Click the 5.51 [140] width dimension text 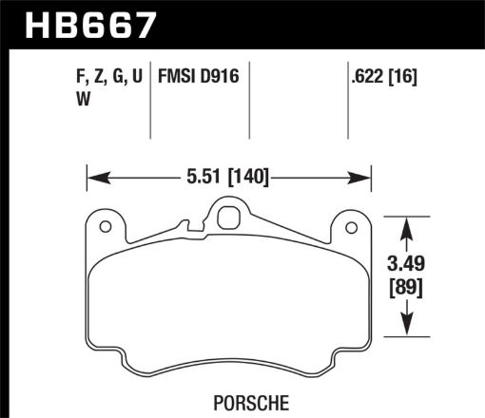227,176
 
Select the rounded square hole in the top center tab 228,217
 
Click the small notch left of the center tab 193,228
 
